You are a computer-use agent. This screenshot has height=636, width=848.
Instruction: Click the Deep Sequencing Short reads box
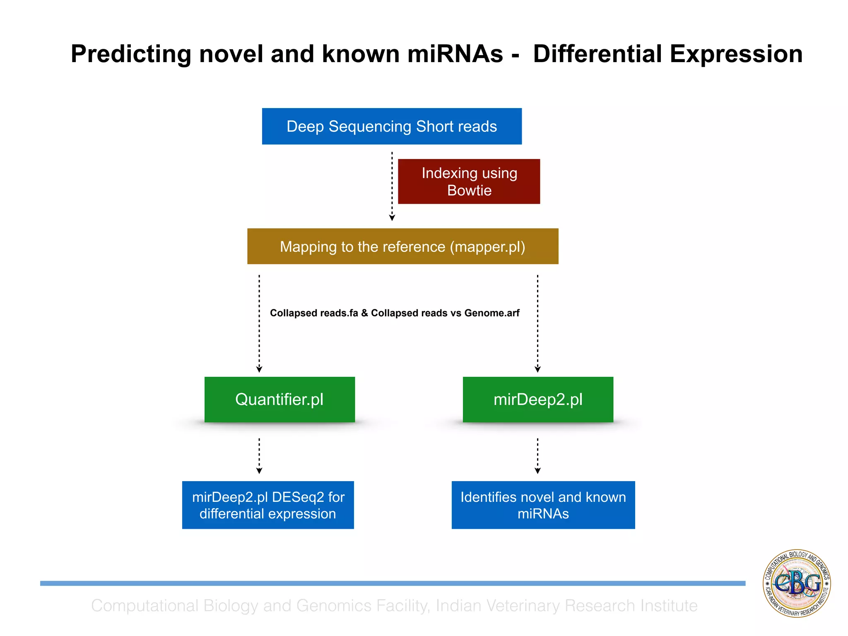392,126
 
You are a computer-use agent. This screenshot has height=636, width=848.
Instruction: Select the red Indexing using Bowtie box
469,181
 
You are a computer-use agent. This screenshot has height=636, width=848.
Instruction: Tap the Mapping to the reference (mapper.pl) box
402,246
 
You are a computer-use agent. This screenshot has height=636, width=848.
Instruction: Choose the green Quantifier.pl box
279,400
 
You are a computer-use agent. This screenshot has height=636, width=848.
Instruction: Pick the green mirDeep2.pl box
538,400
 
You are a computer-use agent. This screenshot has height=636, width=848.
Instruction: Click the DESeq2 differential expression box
268,505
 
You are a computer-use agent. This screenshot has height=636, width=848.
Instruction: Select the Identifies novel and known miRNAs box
543,505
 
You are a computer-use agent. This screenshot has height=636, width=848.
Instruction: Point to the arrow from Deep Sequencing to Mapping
392,186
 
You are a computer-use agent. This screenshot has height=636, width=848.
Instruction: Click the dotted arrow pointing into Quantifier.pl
259,323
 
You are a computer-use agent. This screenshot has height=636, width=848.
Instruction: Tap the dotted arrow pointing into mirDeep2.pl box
537,323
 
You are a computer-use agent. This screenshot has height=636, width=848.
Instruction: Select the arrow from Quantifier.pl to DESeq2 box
259,455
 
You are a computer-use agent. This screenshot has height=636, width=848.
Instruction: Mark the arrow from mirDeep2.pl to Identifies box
537,455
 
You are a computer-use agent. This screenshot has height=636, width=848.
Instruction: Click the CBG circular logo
797,583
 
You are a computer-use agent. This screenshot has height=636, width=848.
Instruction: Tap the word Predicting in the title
131,54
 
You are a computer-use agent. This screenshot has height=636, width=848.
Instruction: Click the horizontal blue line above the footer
393,583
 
